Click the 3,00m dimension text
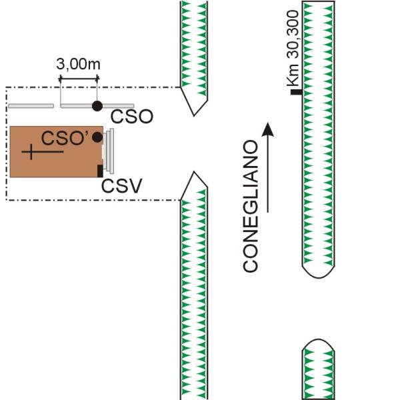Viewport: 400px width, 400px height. point(79,65)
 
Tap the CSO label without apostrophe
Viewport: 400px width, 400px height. point(132,117)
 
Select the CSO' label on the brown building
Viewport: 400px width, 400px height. point(66,138)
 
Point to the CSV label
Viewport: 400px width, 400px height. point(121,186)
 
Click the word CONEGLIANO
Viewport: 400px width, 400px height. point(251,206)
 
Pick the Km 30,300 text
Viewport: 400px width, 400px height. point(293,59)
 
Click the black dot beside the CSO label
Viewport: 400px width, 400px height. point(97,105)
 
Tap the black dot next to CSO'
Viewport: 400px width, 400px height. point(98,137)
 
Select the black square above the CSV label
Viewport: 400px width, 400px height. point(100,170)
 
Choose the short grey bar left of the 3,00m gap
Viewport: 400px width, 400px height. point(31,106)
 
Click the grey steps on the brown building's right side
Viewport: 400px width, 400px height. point(109,151)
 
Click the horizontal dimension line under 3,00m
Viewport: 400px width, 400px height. point(79,79)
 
